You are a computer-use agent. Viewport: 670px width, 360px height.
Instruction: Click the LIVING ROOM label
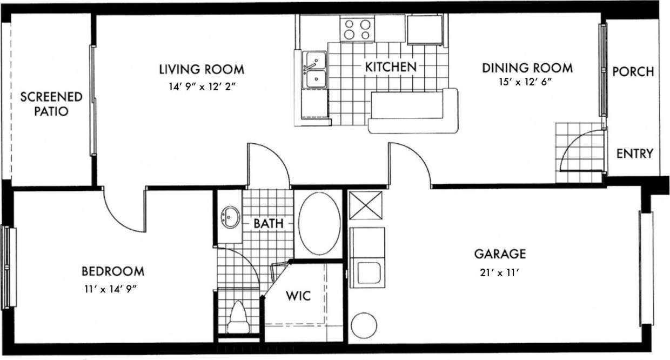(x=202, y=70)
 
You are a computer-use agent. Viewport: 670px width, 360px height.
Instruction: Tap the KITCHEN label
(x=391, y=67)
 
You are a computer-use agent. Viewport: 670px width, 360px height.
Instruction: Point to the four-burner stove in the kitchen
(x=358, y=29)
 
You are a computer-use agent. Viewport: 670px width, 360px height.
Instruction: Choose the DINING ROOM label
(x=527, y=68)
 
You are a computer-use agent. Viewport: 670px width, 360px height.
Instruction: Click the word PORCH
(x=633, y=71)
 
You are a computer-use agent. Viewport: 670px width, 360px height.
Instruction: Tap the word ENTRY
(x=635, y=154)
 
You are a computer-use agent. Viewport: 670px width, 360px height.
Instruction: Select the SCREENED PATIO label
(x=51, y=104)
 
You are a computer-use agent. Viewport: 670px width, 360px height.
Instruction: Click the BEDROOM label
(x=113, y=271)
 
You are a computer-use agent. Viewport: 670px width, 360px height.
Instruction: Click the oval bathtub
(x=319, y=224)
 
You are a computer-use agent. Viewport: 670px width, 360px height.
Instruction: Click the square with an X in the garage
(x=365, y=205)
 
